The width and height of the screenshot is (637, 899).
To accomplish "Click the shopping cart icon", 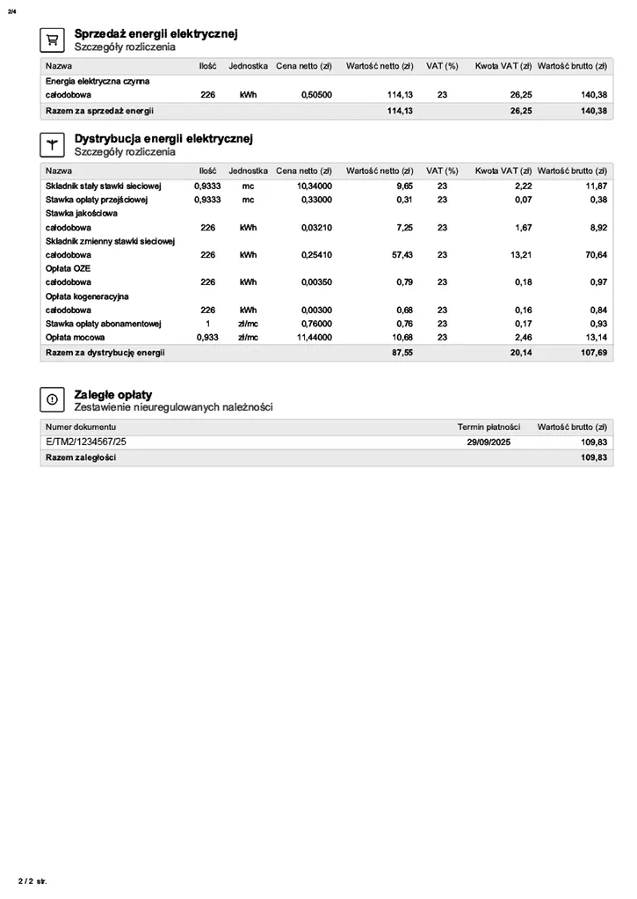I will pos(52,40).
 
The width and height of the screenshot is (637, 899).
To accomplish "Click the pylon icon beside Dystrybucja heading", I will pos(52,144).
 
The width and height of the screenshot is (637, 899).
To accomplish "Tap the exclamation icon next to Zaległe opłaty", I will pos(52,399).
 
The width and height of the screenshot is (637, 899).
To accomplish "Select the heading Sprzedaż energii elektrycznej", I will pos(156,33).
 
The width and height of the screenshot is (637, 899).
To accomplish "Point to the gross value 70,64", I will pos(595,254).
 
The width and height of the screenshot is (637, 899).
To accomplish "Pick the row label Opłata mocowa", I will pos(76,337).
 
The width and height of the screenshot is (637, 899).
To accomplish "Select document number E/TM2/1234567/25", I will pos(92,442).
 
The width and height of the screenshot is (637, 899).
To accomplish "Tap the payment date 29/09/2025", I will pos(489,442).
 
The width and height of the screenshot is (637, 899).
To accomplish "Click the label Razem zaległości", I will pos(81,457).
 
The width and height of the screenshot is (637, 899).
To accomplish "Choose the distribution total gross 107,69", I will pos(594,352).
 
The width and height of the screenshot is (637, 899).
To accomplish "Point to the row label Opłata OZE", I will pos(68,268).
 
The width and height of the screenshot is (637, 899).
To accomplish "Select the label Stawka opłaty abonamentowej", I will pos(103,324).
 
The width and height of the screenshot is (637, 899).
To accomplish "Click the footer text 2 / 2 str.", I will pos(33,881).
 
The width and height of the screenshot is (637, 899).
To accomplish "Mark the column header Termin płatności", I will pos(489,426).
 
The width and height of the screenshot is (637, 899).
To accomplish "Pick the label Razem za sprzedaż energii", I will pos(99,111).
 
